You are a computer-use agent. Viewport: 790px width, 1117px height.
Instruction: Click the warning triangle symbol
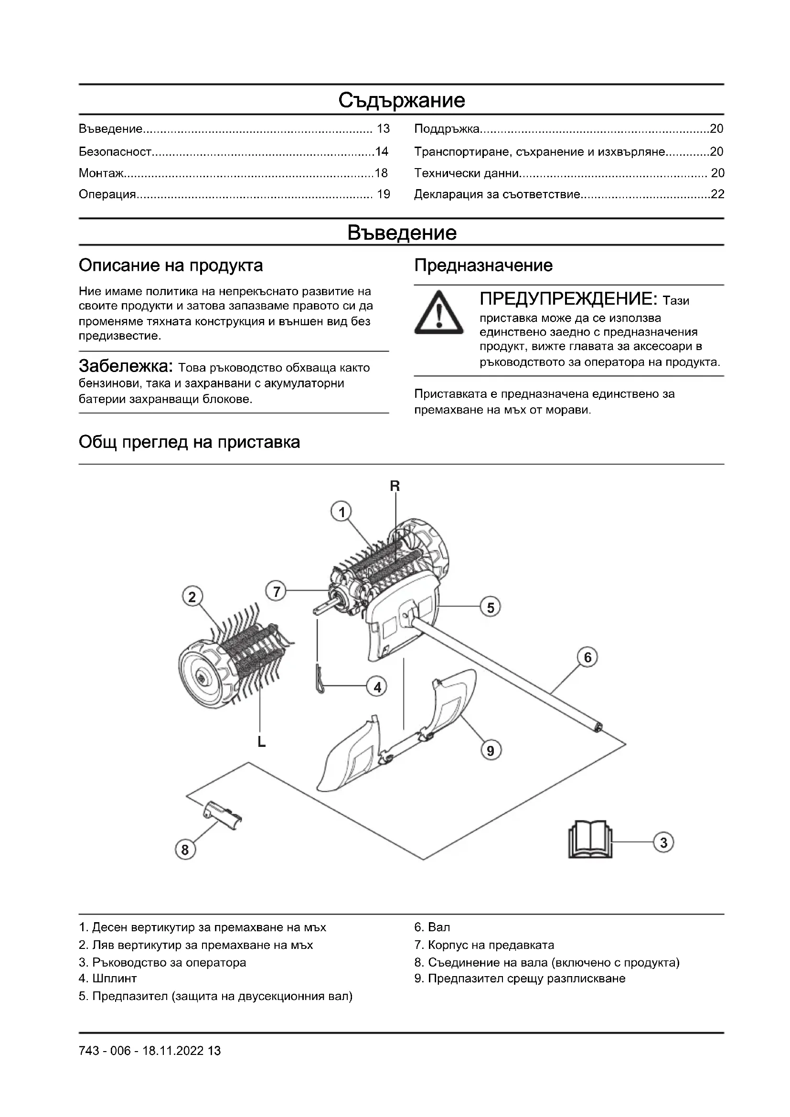(x=439, y=313)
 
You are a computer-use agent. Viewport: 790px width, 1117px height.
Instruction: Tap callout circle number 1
(x=342, y=512)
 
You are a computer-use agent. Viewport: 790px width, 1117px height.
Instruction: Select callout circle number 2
(x=192, y=597)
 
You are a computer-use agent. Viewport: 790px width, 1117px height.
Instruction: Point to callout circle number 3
(x=663, y=842)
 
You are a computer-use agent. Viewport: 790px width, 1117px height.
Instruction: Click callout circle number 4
(x=377, y=687)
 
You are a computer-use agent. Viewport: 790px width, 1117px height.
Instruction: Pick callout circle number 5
(x=491, y=607)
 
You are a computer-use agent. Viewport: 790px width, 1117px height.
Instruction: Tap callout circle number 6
(x=587, y=658)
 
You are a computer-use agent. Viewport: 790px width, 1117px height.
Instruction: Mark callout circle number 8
(x=185, y=850)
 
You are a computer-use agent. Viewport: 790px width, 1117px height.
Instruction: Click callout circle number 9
(x=491, y=751)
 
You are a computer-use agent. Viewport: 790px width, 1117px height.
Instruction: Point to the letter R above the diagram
(x=395, y=486)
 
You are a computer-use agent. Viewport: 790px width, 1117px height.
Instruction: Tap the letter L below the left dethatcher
(x=261, y=742)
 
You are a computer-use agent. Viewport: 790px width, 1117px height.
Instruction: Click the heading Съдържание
(x=401, y=100)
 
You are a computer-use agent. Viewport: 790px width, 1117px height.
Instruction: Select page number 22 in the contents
(x=717, y=194)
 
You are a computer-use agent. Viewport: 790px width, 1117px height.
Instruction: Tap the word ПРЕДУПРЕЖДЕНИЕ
(x=569, y=298)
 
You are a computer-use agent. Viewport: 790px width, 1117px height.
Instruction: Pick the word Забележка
(x=126, y=366)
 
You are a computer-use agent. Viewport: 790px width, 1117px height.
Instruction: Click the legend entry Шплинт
(x=114, y=978)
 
